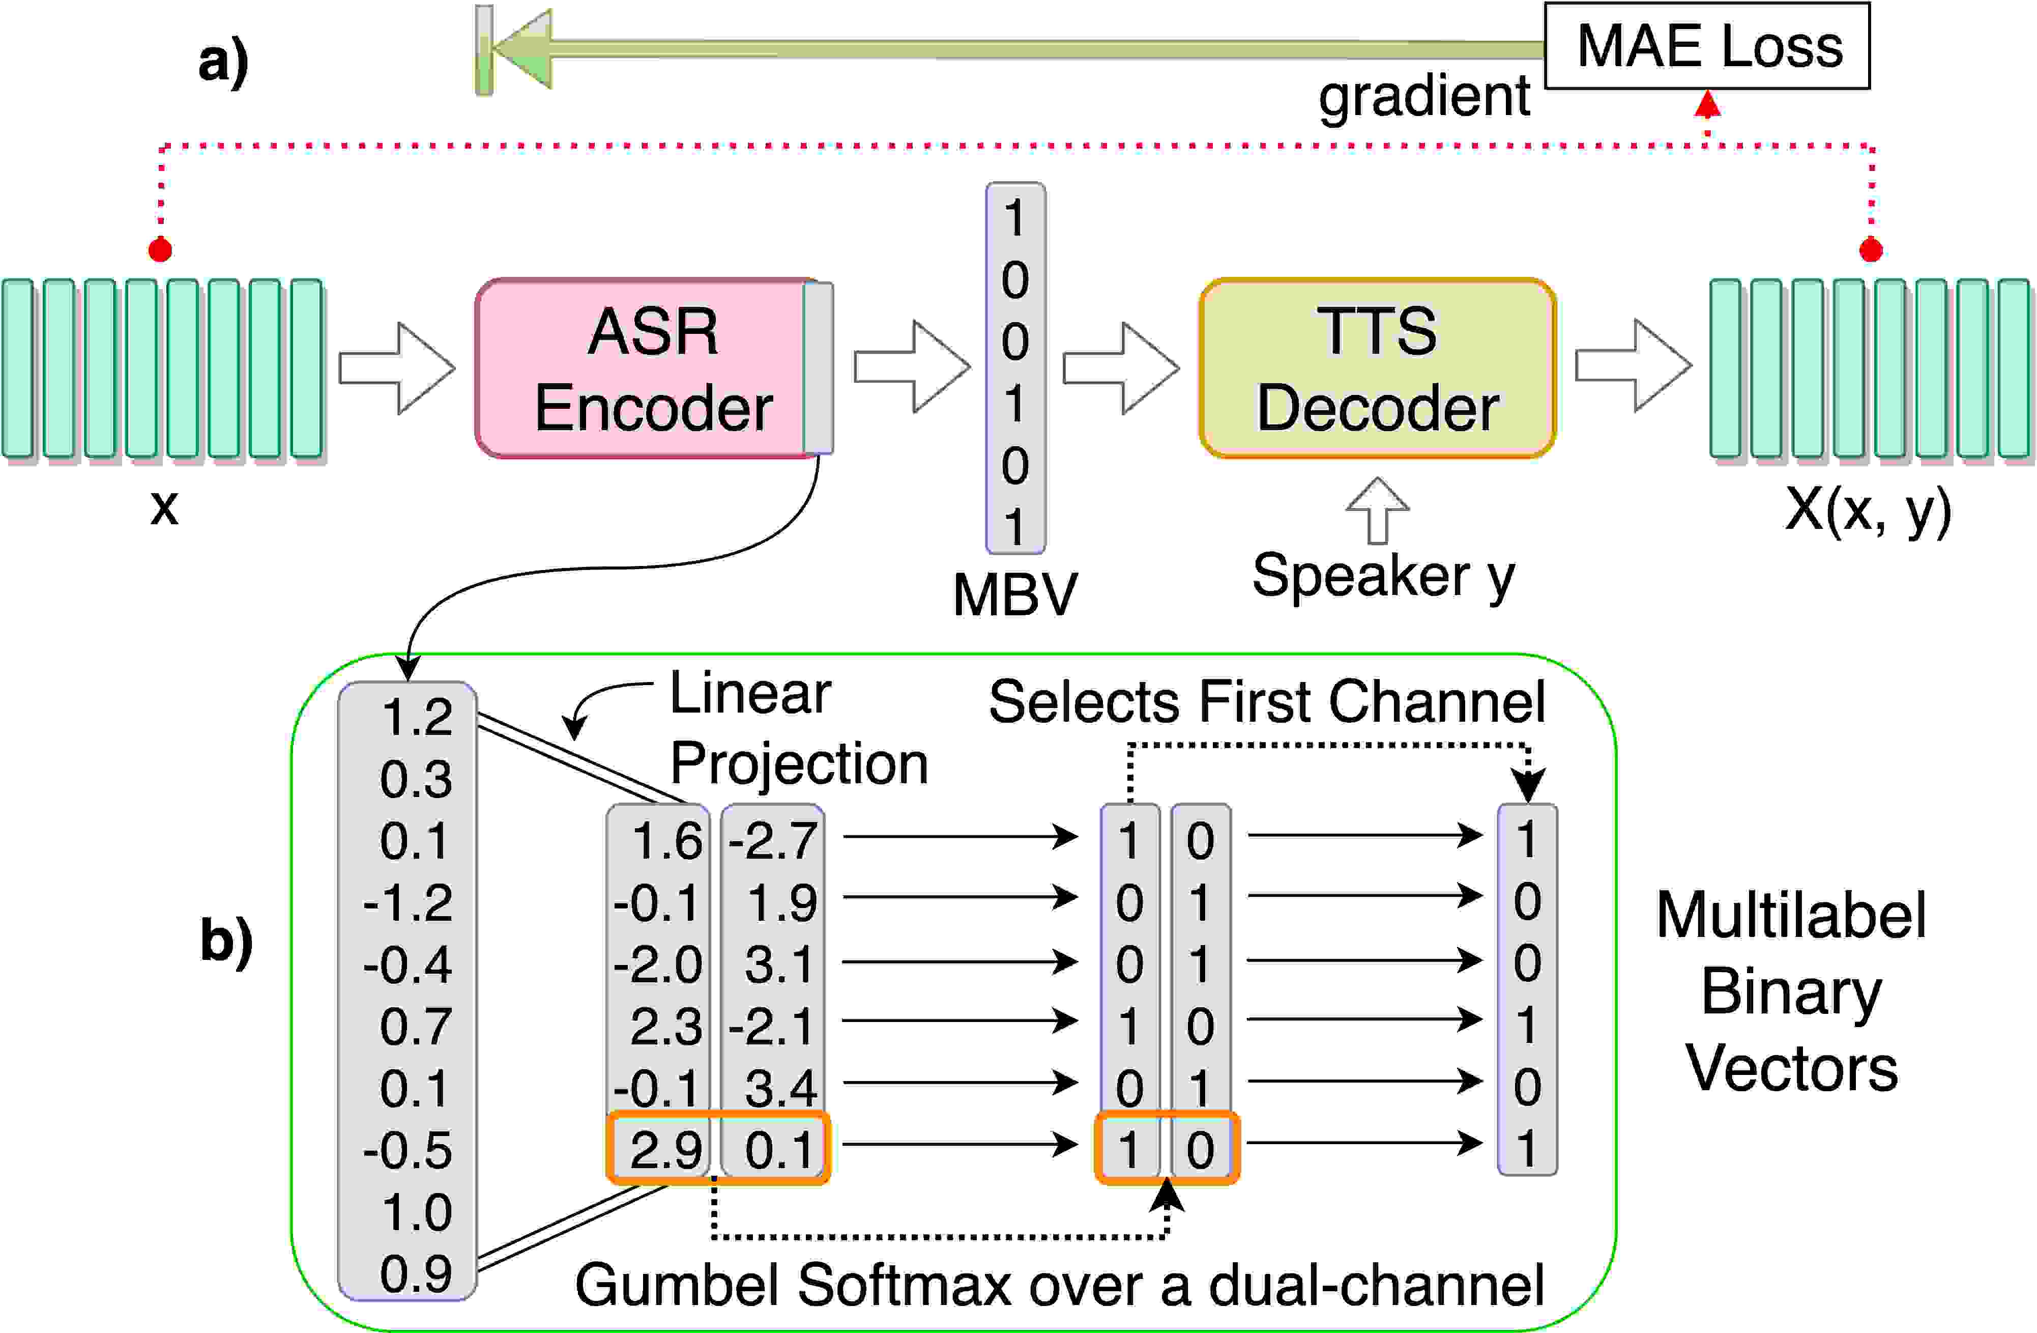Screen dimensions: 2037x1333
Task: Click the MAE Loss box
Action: coord(1707,45)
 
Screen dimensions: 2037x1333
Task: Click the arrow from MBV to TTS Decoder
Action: coord(1121,368)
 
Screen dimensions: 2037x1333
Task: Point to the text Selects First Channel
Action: coord(1267,702)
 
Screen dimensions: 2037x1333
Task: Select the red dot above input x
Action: coord(160,250)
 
